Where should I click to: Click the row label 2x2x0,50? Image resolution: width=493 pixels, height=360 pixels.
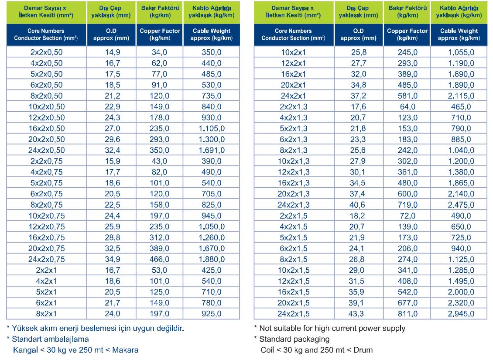click(47, 52)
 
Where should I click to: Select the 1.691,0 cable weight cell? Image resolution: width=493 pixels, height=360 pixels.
click(212, 150)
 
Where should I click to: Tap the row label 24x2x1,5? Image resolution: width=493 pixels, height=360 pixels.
click(294, 314)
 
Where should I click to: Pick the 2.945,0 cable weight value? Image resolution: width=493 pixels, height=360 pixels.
click(461, 314)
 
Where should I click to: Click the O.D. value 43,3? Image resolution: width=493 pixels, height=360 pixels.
click(356, 314)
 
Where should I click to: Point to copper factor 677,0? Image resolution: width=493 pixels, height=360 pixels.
click(407, 303)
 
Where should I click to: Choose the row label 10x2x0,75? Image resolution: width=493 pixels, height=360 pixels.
click(47, 216)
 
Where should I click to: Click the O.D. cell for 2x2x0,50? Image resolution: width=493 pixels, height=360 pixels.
click(113, 52)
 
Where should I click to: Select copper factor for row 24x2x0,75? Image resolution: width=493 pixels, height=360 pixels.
click(159, 259)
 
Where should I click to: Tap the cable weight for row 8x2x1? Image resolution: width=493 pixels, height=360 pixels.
click(212, 314)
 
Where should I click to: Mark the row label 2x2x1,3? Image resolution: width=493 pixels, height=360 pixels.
click(294, 106)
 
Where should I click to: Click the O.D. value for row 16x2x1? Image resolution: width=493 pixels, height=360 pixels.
click(359, 74)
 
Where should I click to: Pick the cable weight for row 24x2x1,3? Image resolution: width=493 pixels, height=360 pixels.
click(461, 205)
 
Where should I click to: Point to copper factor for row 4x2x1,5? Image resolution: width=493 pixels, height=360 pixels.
click(407, 226)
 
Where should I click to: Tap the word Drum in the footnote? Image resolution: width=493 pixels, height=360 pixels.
click(363, 350)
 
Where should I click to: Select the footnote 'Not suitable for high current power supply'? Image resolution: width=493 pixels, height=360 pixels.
click(332, 329)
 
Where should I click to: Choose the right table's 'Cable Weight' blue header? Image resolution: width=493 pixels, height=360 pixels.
click(459, 34)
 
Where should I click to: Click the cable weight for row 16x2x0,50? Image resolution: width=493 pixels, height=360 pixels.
click(212, 129)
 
